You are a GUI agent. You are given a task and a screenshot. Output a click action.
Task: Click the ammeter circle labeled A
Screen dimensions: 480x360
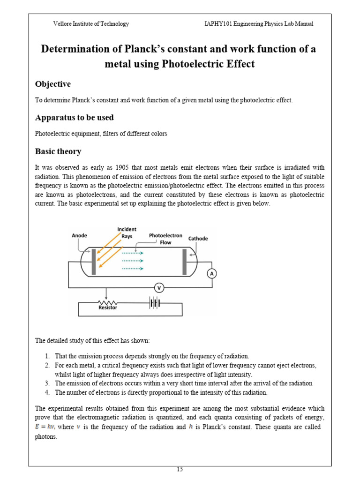tap(212, 274)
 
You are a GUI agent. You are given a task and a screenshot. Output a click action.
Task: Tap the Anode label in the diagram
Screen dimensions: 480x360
tap(79, 236)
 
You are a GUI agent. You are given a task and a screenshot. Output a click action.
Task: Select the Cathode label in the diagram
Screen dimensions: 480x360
tap(198, 239)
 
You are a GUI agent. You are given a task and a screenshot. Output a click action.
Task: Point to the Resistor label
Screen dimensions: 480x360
tap(108, 307)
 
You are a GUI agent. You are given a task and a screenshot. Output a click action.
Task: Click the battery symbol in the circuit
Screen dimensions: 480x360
tap(154, 303)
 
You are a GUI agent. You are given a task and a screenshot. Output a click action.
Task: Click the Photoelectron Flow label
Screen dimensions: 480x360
tap(160, 239)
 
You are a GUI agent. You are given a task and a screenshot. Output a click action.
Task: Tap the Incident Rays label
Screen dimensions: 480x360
tap(127, 232)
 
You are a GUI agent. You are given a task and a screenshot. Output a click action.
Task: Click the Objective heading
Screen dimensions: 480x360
tap(53, 84)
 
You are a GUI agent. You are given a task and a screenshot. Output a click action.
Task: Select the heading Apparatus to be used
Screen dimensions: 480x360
tap(74, 117)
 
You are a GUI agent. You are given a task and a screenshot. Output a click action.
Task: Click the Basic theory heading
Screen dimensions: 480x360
tap(58, 151)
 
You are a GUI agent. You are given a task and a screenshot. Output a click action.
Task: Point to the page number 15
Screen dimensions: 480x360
tap(180, 469)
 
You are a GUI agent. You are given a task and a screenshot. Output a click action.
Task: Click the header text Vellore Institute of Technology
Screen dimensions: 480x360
tap(91, 24)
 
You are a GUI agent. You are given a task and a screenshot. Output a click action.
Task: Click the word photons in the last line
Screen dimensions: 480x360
tap(45, 436)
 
